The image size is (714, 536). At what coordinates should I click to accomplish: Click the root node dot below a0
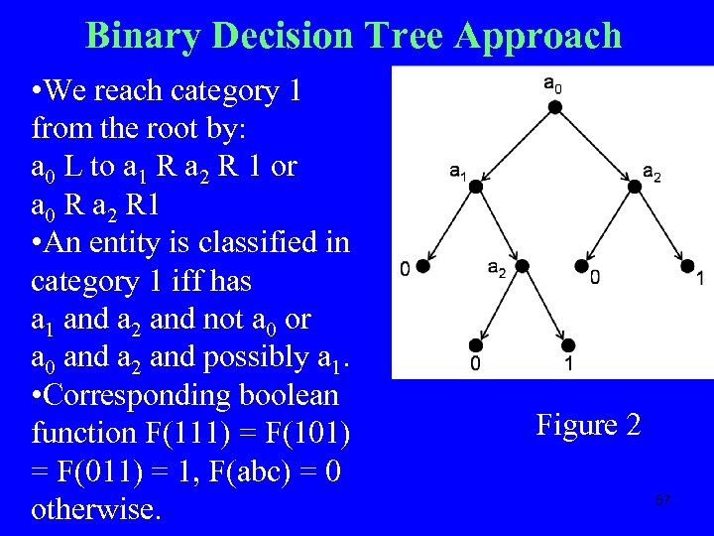(x=555, y=107)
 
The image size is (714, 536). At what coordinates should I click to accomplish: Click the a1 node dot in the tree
(x=476, y=186)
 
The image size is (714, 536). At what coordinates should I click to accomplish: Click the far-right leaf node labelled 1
(x=686, y=266)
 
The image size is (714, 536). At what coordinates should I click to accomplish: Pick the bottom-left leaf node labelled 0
(x=476, y=344)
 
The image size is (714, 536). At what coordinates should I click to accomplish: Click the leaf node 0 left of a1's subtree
(x=423, y=266)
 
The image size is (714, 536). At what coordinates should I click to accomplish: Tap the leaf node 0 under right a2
(x=581, y=266)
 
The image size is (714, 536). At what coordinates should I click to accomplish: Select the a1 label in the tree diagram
(x=458, y=172)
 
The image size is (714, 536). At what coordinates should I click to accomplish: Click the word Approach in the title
(x=539, y=36)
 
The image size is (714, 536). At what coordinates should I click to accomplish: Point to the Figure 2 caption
(x=588, y=426)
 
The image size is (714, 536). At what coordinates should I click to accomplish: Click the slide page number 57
(x=662, y=499)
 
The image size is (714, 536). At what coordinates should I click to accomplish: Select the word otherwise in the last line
(x=96, y=509)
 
